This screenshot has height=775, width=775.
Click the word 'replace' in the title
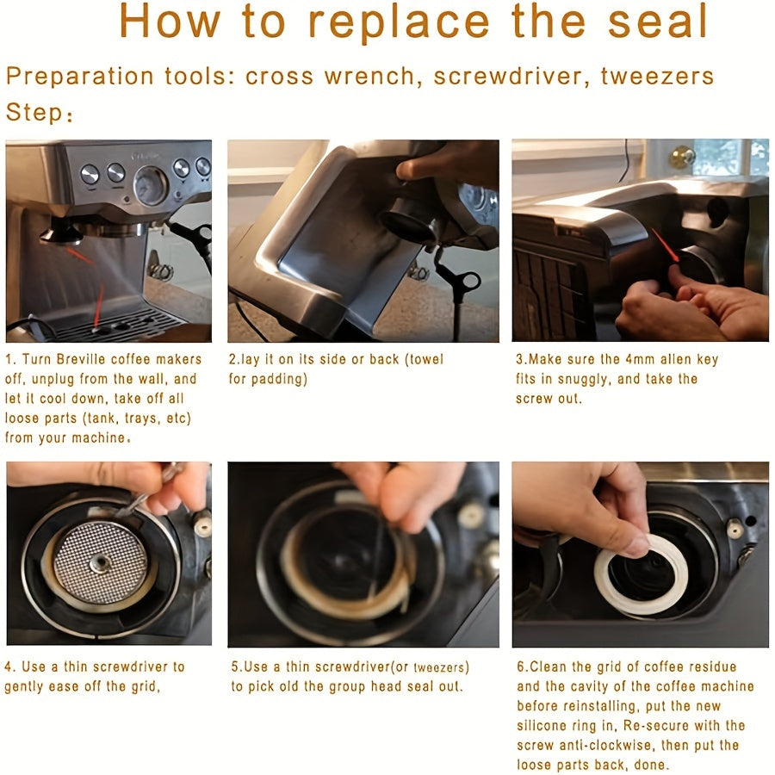(399, 22)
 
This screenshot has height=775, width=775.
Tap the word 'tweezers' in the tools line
(657, 77)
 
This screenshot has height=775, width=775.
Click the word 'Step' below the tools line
(34, 113)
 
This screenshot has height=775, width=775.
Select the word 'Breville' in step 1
(79, 359)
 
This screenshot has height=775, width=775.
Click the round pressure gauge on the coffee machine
(151, 185)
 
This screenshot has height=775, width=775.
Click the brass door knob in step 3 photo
(682, 158)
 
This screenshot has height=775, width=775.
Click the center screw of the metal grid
(101, 562)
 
